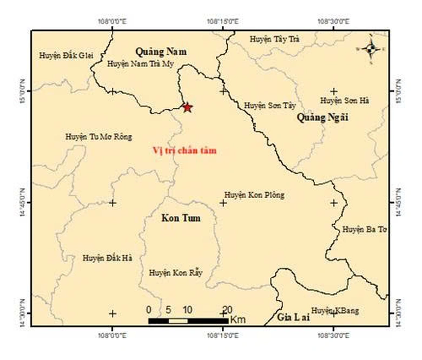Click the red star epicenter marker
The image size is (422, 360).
pos(187,108)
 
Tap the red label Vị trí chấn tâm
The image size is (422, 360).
pos(184,150)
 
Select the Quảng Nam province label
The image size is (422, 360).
pos(161,52)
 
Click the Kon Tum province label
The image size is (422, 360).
pos(181,219)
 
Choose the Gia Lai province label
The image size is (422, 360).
pos(293,317)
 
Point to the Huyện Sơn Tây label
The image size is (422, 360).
pos(263,106)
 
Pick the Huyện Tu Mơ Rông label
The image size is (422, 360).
pos(98,137)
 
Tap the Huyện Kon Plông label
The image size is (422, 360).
pos(254,195)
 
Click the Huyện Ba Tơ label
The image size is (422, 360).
pos(364,230)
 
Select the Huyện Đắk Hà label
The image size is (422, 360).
pos(107,258)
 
